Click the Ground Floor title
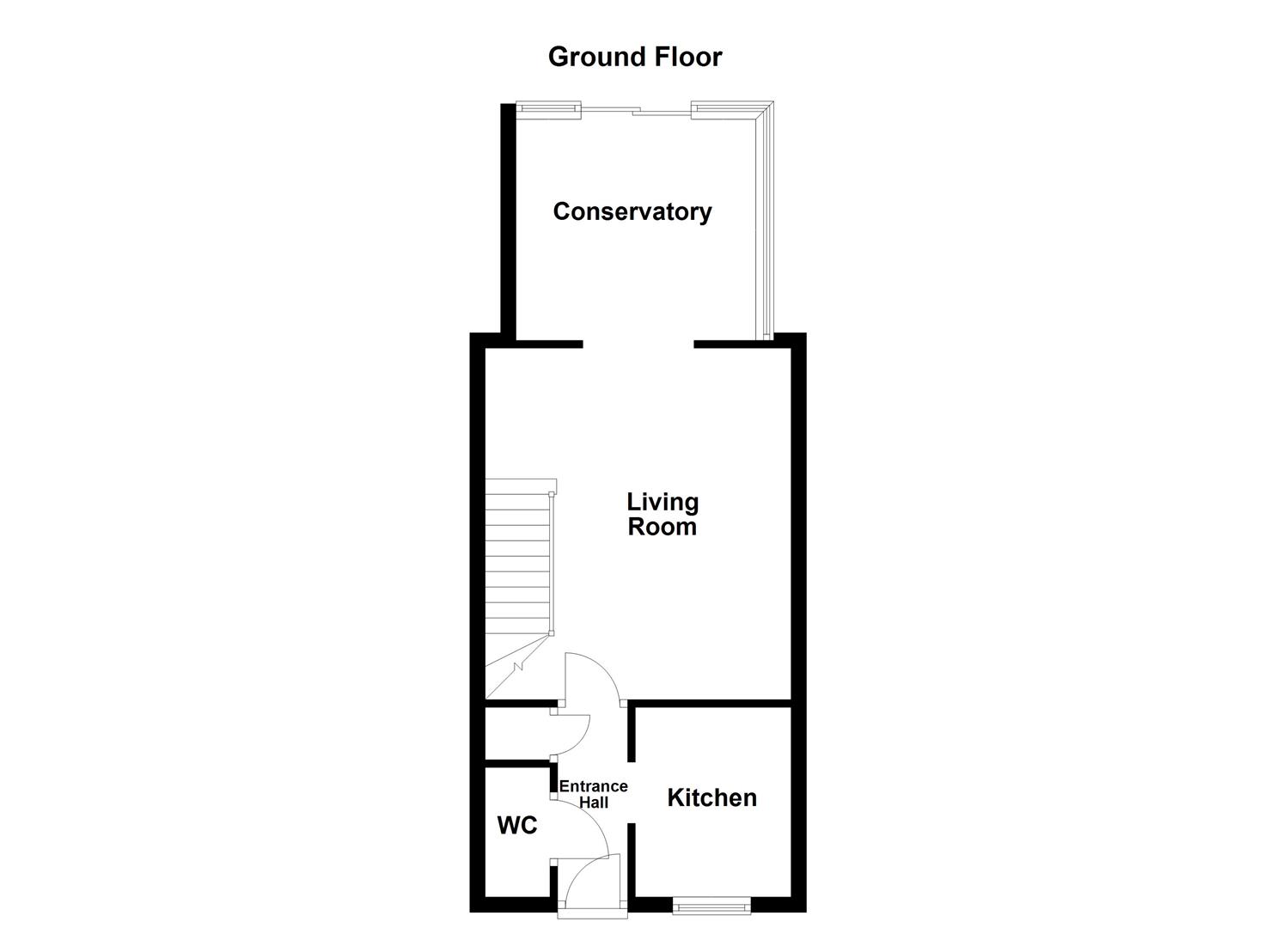(x=635, y=57)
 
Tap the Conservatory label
(x=632, y=211)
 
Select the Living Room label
(x=662, y=514)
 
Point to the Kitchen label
(x=712, y=797)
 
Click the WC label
(x=517, y=826)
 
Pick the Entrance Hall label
(x=594, y=794)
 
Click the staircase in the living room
(x=517, y=567)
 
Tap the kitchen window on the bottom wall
(x=711, y=905)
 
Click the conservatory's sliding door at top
(x=636, y=110)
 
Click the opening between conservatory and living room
(x=638, y=345)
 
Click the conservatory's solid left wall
(x=508, y=223)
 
